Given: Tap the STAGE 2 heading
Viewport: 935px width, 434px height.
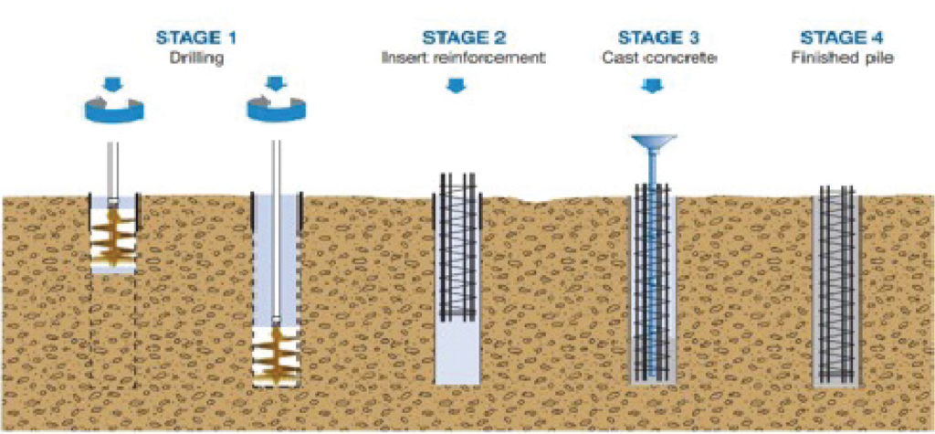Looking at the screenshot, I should coord(464,38).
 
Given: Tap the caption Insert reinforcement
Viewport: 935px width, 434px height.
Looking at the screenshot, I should coord(464,58).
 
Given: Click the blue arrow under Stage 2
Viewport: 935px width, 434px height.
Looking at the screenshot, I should coord(455,86).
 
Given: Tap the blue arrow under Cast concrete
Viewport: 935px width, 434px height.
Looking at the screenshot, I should coord(651,86).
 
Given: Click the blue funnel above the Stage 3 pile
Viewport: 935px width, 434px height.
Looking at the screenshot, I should coord(651,143).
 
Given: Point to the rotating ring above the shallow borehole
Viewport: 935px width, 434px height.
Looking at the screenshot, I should coord(113,111).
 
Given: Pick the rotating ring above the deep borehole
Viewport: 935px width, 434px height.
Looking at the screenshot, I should coord(275,111).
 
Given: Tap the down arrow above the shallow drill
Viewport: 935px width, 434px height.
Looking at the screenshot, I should coord(113,85).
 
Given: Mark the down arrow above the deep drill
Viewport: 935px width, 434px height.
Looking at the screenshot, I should coord(275,85).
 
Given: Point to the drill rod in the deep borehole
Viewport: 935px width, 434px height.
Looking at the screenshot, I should coord(275,238).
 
